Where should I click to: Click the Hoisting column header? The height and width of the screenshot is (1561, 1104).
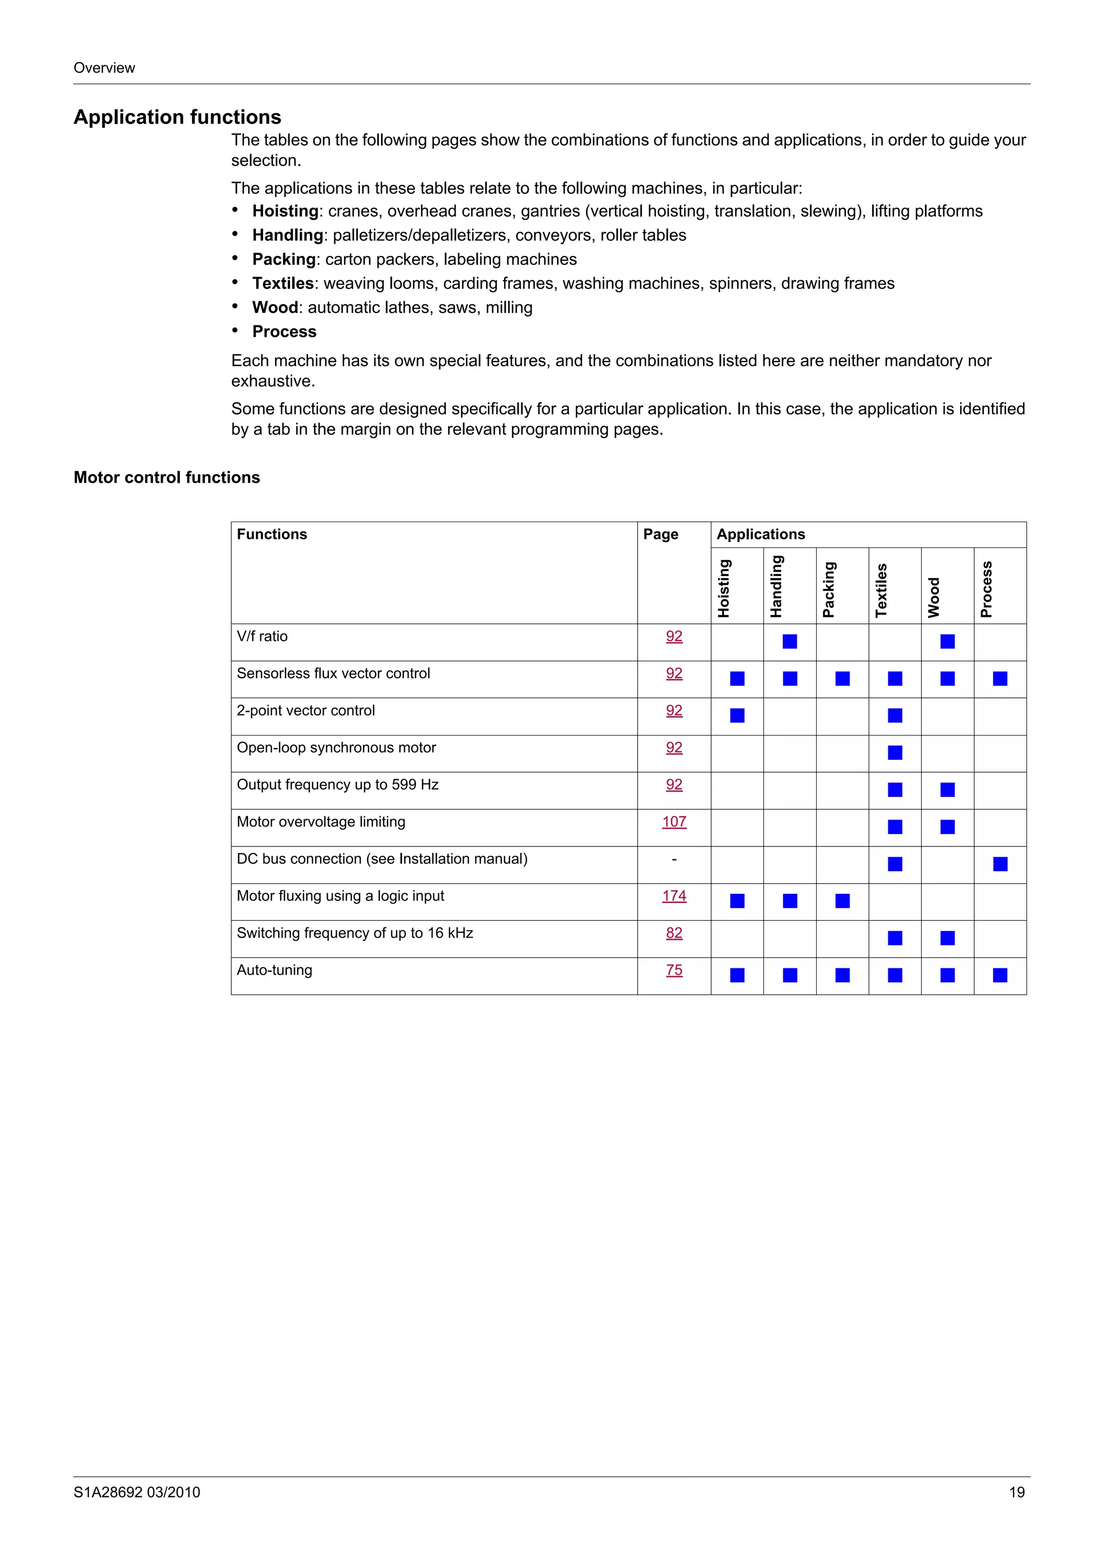724,588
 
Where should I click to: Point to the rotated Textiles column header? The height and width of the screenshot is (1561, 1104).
881,589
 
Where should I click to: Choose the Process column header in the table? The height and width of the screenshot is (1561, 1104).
986,589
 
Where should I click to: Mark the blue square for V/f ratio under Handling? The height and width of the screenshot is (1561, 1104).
790,641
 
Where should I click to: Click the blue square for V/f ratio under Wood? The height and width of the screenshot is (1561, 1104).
948,641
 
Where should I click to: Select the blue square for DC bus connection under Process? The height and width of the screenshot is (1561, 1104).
1000,864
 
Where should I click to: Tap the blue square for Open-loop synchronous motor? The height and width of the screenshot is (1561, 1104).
895,753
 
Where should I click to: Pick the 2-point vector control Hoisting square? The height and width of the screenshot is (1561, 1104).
737,715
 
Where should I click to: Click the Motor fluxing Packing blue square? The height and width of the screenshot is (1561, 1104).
842,901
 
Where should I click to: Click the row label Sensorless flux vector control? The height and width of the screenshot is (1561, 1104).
333,673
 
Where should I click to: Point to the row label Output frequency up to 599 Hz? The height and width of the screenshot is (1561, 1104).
337,785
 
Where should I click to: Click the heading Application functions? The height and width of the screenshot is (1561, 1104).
177,117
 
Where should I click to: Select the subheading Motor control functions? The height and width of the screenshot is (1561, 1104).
167,477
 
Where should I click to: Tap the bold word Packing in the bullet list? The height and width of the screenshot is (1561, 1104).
284,259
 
